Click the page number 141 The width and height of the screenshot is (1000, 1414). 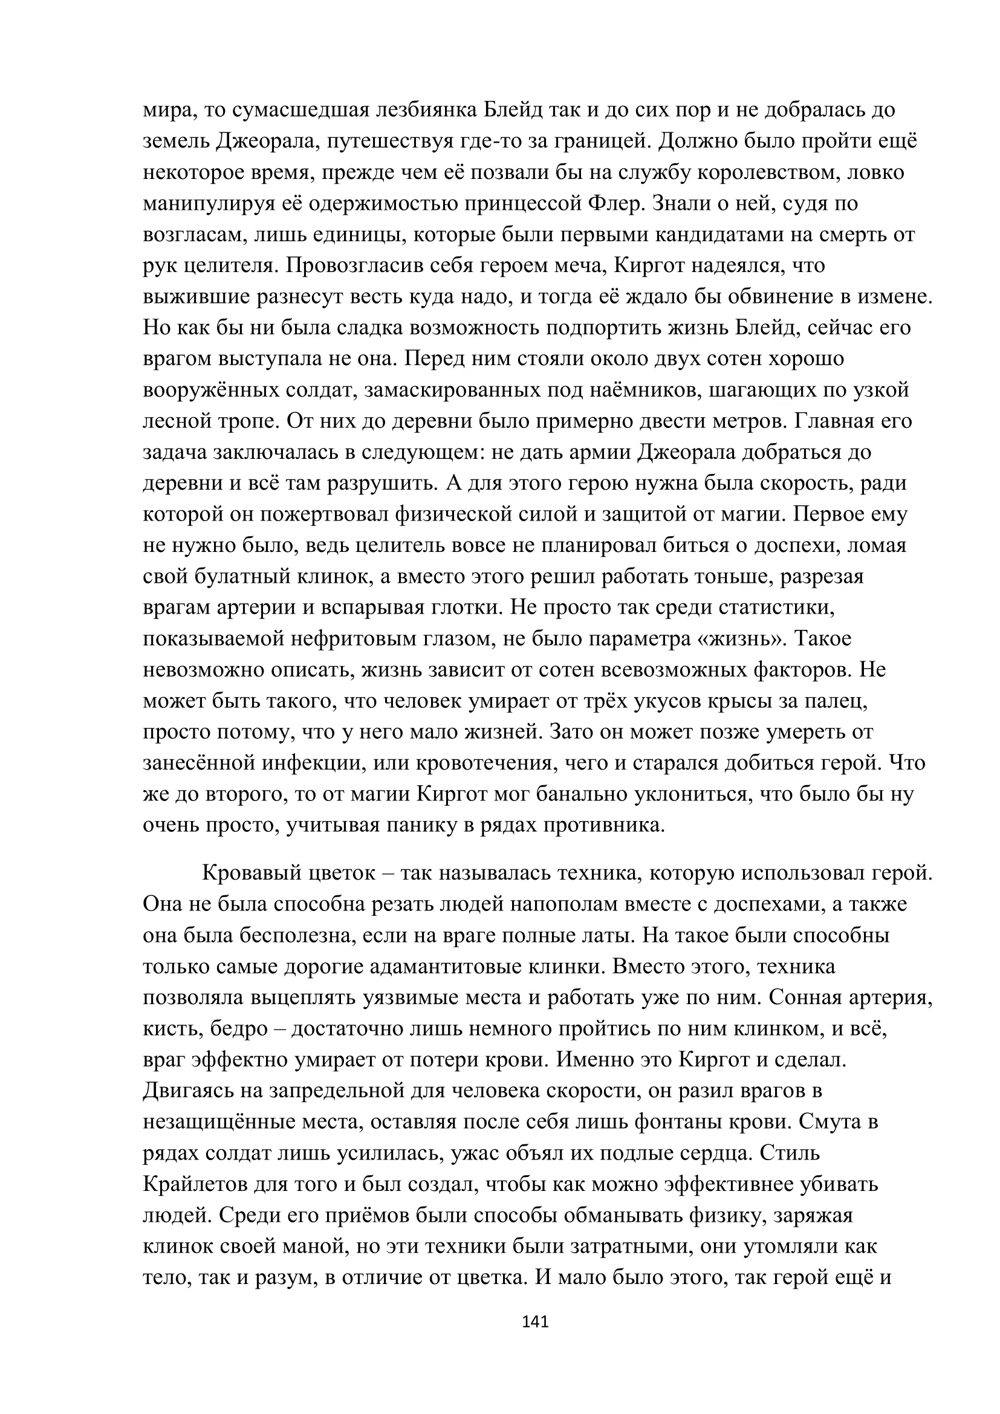click(534, 1320)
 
